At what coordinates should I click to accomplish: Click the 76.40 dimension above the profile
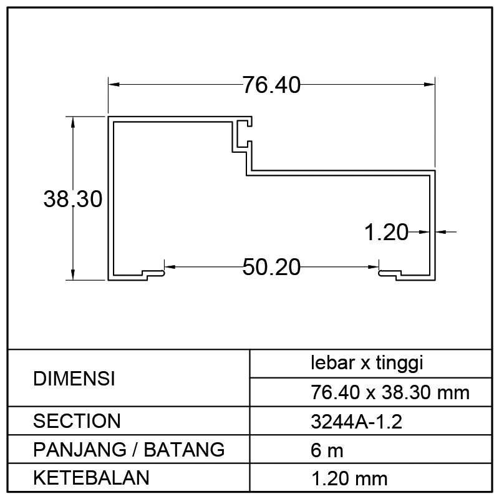[271, 85]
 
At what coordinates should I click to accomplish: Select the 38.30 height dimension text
[73, 199]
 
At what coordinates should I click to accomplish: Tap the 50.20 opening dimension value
[271, 267]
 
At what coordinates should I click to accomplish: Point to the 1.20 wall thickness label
[386, 232]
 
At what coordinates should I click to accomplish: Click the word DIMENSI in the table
[74, 379]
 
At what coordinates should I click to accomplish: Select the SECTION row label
[77, 420]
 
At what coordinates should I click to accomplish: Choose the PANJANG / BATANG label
[129, 449]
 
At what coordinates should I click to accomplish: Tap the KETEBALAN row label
[91, 478]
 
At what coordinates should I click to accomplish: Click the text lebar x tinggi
[367, 363]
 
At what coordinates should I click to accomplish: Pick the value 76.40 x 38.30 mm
[390, 392]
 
